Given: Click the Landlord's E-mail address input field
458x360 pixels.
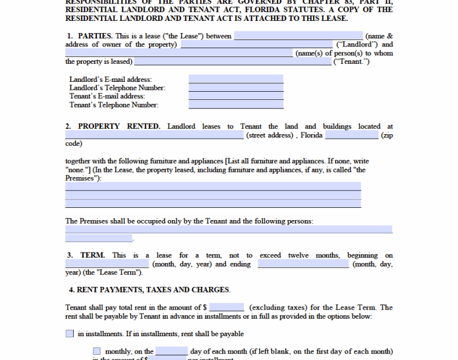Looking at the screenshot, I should [x=236, y=79].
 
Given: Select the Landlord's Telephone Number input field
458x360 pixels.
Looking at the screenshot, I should [x=236, y=88].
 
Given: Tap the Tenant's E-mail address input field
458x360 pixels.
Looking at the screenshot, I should [x=236, y=96].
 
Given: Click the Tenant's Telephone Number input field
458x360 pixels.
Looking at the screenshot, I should [x=236, y=105].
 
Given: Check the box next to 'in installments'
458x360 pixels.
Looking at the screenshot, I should [x=70, y=334].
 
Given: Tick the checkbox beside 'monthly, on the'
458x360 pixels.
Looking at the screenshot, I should [x=97, y=351].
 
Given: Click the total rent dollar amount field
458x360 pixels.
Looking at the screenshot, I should [x=226, y=307].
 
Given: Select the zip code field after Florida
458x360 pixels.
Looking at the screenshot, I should [x=351, y=135].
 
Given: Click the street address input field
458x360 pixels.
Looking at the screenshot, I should [x=154, y=135].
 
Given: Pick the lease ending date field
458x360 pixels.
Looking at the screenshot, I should [x=304, y=264].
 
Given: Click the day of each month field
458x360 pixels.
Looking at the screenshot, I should [x=171, y=351].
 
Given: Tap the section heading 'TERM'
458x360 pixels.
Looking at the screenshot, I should [x=92, y=255].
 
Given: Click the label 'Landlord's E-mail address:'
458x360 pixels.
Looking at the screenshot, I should [x=110, y=80].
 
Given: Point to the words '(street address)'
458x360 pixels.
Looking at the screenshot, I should [x=270, y=135].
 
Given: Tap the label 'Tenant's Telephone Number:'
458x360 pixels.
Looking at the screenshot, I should [x=114, y=105].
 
